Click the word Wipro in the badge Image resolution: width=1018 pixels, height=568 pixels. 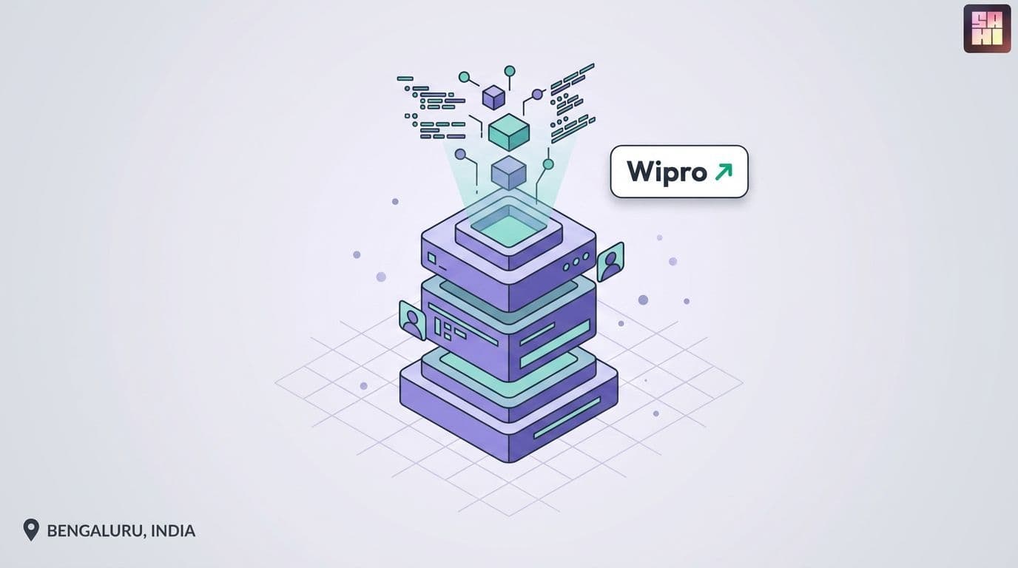(667, 172)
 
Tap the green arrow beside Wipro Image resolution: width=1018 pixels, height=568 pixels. (724, 172)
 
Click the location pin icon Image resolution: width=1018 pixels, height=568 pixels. (31, 530)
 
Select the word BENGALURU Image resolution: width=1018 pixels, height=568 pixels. (95, 531)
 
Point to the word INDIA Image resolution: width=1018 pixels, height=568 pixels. (172, 531)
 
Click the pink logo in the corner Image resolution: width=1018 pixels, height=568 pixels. (987, 29)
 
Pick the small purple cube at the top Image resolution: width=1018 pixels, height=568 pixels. (493, 98)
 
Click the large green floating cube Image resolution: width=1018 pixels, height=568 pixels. (509, 132)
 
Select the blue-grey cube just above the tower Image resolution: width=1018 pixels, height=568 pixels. (508, 172)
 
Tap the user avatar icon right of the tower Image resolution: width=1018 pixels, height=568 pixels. (610, 262)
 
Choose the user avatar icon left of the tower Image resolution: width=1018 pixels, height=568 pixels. (413, 320)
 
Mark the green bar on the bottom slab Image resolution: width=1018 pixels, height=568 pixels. (567, 418)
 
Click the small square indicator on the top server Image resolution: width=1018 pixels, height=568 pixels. (432, 259)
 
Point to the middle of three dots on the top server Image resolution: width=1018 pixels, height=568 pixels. (576, 262)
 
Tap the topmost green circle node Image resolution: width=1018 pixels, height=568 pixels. (510, 71)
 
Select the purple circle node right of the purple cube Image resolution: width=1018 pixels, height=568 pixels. (537, 94)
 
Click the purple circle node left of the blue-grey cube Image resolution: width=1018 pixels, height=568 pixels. (460, 154)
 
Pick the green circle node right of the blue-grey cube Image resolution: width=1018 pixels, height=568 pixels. (548, 164)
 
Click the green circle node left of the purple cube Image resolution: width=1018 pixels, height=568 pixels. (464, 77)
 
